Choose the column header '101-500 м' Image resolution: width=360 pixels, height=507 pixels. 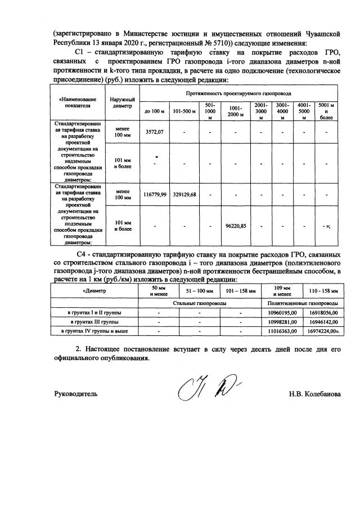pos(184,111)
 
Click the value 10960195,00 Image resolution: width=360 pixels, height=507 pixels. pos(282,312)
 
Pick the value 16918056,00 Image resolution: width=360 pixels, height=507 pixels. pos(322,312)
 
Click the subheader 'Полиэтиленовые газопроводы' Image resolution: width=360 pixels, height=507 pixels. pos(303,302)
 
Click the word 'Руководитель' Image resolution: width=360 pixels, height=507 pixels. pos(76,393)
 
